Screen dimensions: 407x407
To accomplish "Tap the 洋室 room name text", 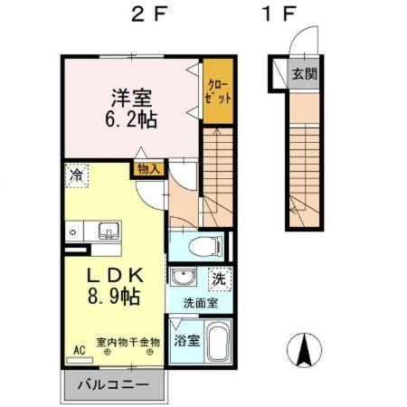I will [x=130, y=96].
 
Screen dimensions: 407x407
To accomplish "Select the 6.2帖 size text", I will [x=132, y=118].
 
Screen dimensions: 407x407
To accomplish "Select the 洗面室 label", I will [x=199, y=304].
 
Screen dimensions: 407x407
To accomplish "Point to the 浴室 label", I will [x=185, y=344].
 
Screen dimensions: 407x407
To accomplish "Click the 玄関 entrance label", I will [x=304, y=74].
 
